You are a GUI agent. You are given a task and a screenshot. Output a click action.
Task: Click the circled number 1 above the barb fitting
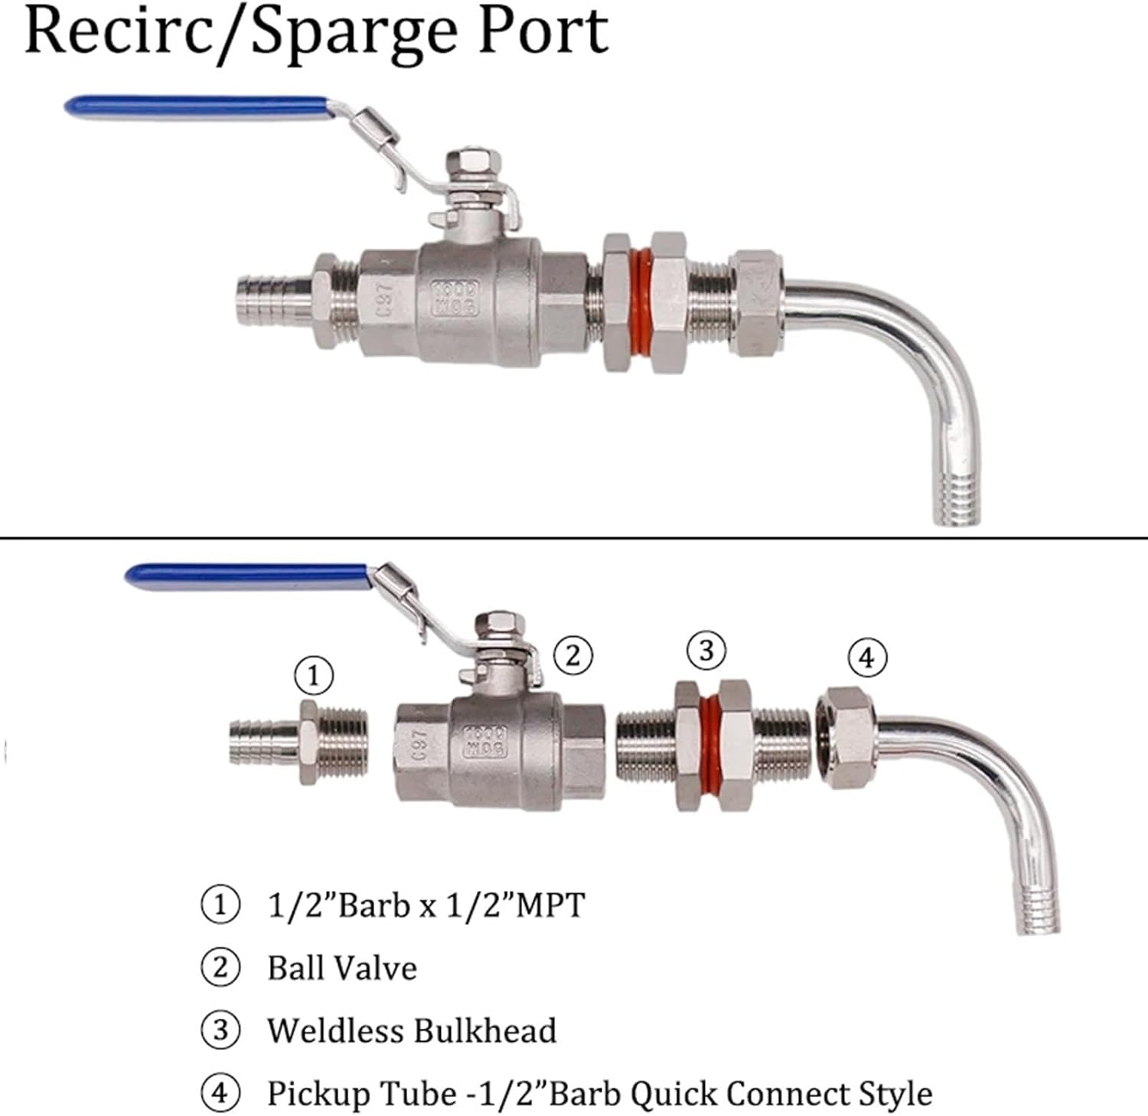click(x=314, y=676)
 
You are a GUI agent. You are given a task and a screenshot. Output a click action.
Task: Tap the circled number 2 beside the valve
click(x=573, y=656)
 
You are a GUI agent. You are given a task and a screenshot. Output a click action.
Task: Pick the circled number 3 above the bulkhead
click(x=706, y=651)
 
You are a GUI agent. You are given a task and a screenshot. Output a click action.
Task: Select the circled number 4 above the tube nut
click(x=867, y=658)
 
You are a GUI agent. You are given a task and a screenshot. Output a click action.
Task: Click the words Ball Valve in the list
click(x=342, y=968)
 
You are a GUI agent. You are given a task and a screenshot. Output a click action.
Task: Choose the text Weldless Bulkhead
click(x=412, y=1030)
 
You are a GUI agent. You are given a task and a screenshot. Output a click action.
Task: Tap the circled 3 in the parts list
click(x=220, y=1030)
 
